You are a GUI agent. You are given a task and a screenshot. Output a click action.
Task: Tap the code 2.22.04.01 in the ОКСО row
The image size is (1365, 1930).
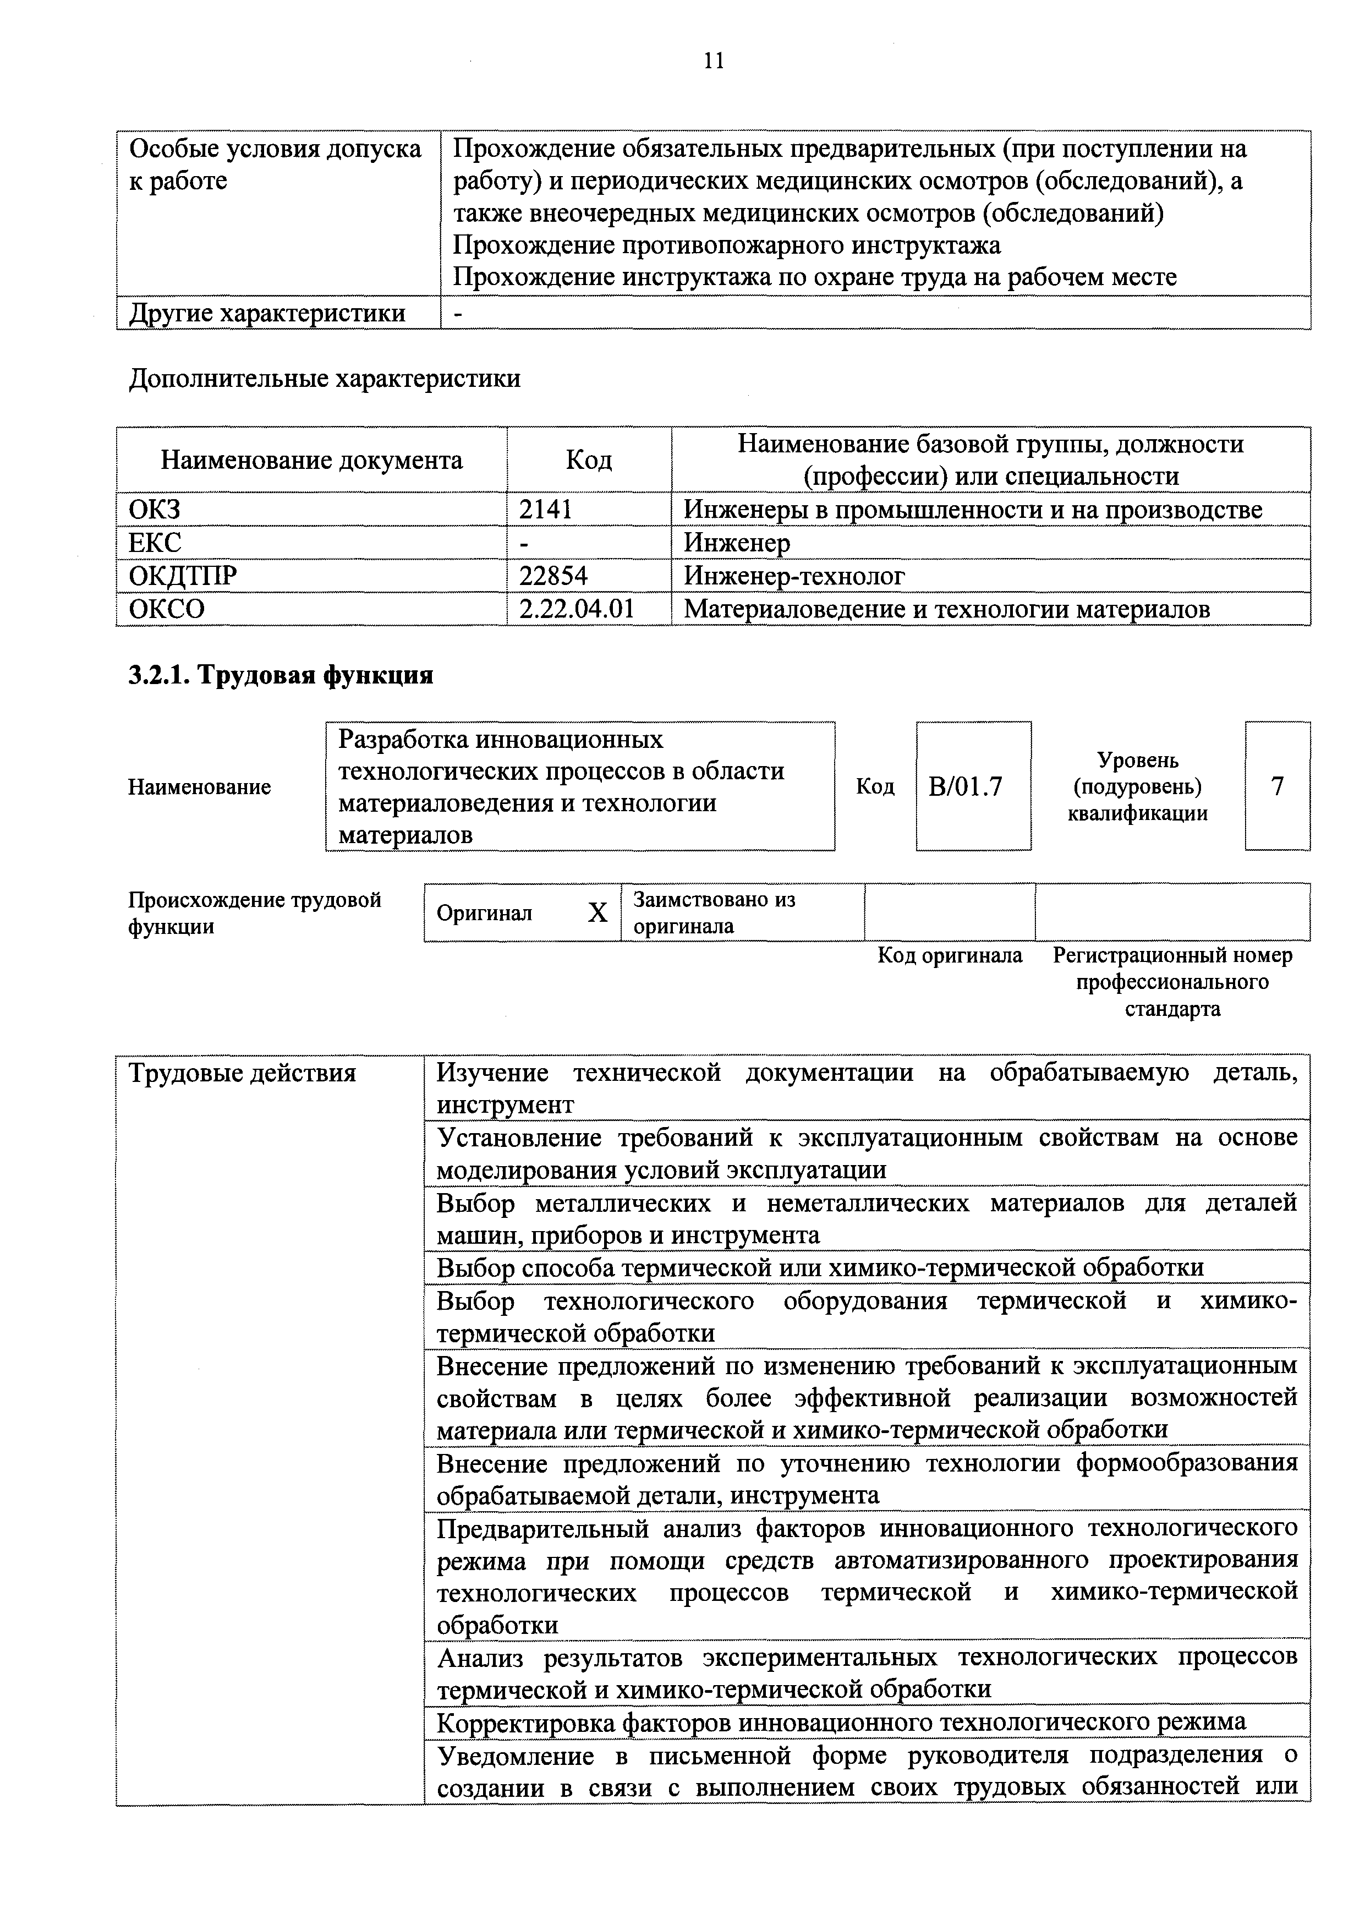[x=577, y=609]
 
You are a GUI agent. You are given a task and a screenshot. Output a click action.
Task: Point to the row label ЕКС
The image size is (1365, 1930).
[x=155, y=542]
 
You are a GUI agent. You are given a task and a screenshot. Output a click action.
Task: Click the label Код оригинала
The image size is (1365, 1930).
[x=950, y=956]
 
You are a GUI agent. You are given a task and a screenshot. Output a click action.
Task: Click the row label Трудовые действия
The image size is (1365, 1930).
[x=242, y=1074]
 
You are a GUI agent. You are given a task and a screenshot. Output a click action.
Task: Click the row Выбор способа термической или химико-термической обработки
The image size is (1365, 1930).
[x=820, y=1267]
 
